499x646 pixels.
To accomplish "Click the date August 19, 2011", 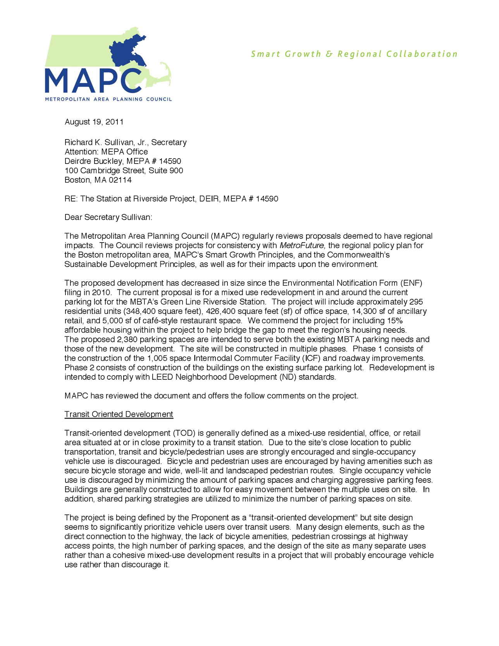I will click(94, 122).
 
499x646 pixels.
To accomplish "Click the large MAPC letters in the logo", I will click(93, 81).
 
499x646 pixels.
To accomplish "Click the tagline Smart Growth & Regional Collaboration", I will click(354, 54).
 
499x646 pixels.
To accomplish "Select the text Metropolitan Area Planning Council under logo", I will click(108, 99).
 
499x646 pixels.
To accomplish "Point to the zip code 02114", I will click(120, 180).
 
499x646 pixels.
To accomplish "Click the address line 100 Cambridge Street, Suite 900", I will click(124, 171).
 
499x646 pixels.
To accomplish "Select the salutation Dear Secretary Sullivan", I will click(108, 217).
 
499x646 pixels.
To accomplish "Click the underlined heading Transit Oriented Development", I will click(119, 414).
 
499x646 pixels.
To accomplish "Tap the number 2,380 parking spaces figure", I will click(127, 339).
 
